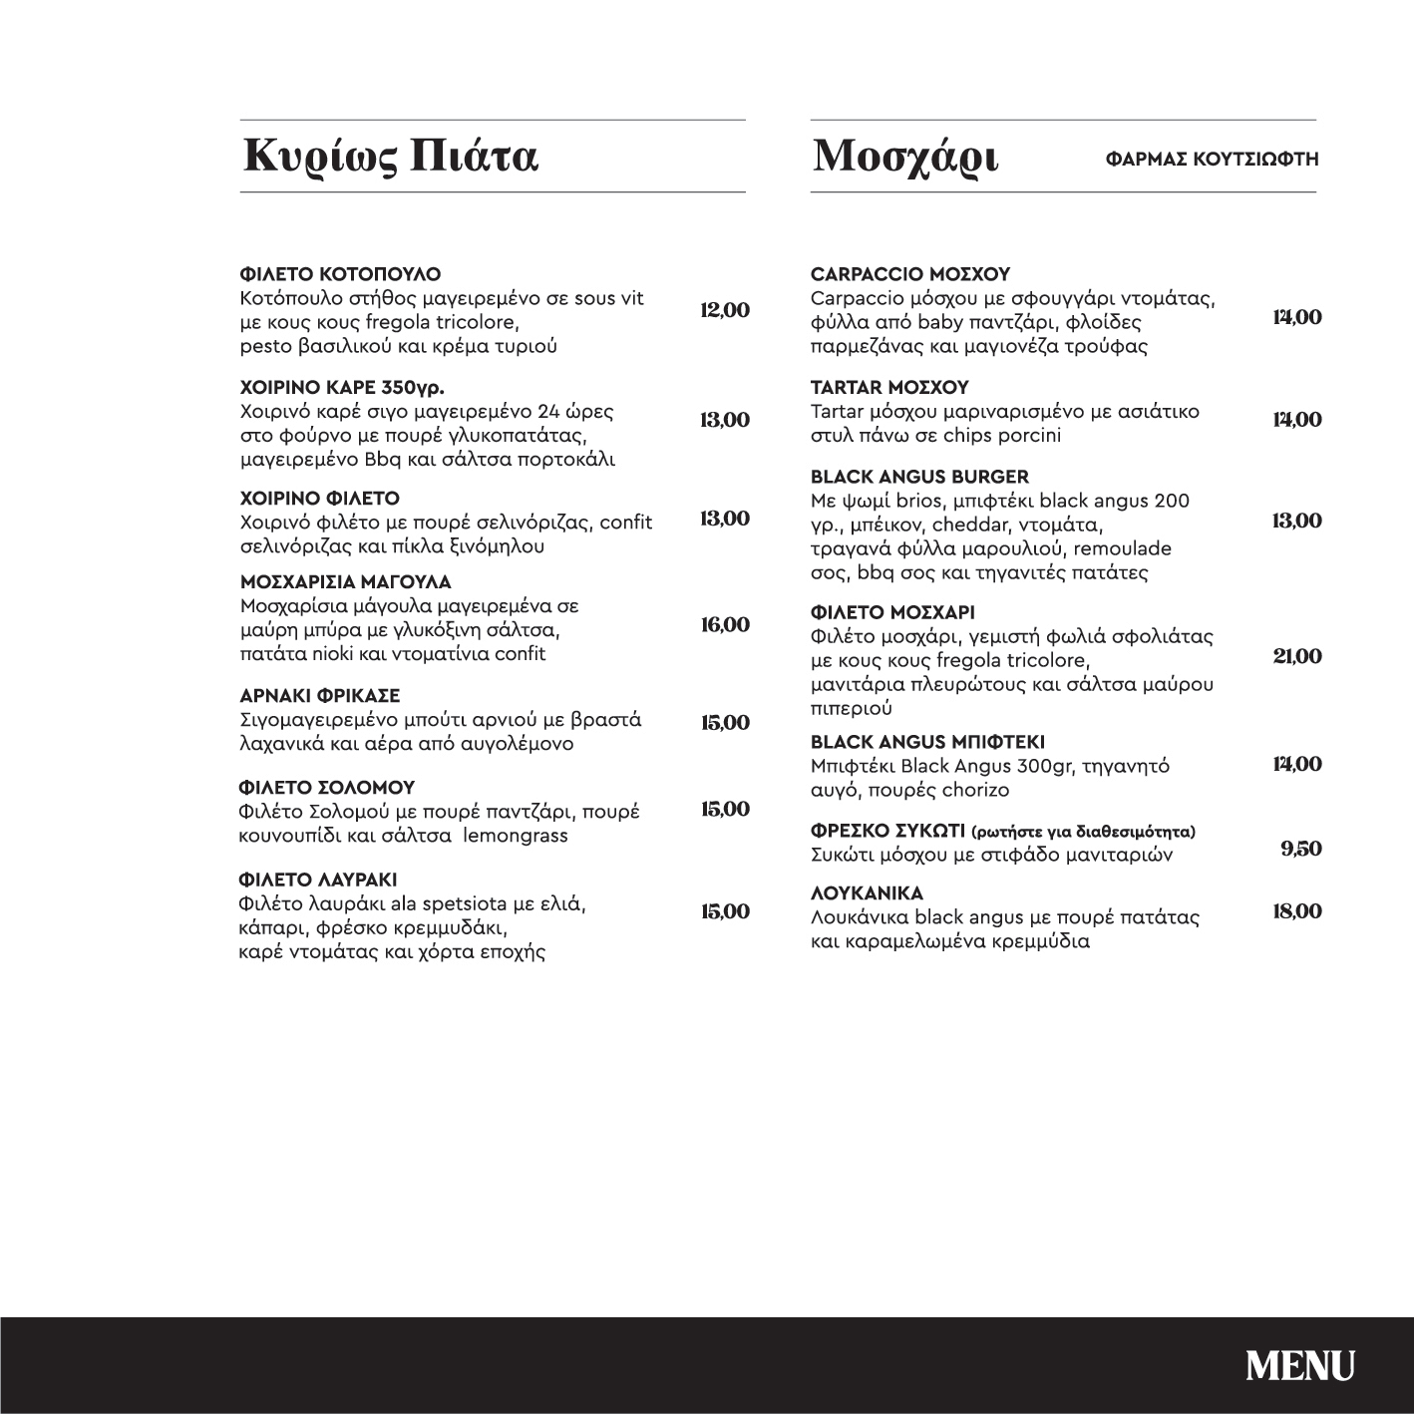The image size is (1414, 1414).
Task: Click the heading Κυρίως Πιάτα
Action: click(391, 157)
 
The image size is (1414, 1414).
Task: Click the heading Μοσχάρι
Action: click(905, 157)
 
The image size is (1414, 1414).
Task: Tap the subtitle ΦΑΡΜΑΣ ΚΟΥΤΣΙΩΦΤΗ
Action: click(1212, 159)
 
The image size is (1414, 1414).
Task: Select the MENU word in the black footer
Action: click(1299, 1365)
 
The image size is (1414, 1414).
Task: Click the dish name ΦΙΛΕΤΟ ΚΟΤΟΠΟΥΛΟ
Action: click(340, 274)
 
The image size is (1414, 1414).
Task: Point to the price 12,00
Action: click(725, 310)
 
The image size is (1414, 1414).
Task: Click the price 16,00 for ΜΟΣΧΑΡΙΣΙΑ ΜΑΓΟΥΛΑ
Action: click(725, 625)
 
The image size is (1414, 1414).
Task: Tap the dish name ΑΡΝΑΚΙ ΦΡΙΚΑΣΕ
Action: click(319, 695)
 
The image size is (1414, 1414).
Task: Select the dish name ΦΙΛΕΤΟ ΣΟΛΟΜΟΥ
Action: click(327, 788)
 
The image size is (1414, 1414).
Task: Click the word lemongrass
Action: click(516, 836)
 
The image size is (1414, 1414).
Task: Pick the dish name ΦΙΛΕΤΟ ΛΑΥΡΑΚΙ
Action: click(318, 880)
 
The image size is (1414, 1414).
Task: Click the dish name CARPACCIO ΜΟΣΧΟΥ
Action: click(910, 274)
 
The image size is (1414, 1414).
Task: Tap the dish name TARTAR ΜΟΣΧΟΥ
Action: click(889, 387)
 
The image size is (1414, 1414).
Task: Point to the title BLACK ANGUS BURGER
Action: click(919, 477)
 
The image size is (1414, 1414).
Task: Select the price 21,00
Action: click(1297, 656)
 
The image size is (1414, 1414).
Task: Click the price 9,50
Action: click(1301, 849)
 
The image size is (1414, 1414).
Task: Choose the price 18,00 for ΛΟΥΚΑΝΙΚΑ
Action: click(1297, 911)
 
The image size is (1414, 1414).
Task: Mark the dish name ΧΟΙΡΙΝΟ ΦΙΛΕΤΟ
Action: click(319, 498)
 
